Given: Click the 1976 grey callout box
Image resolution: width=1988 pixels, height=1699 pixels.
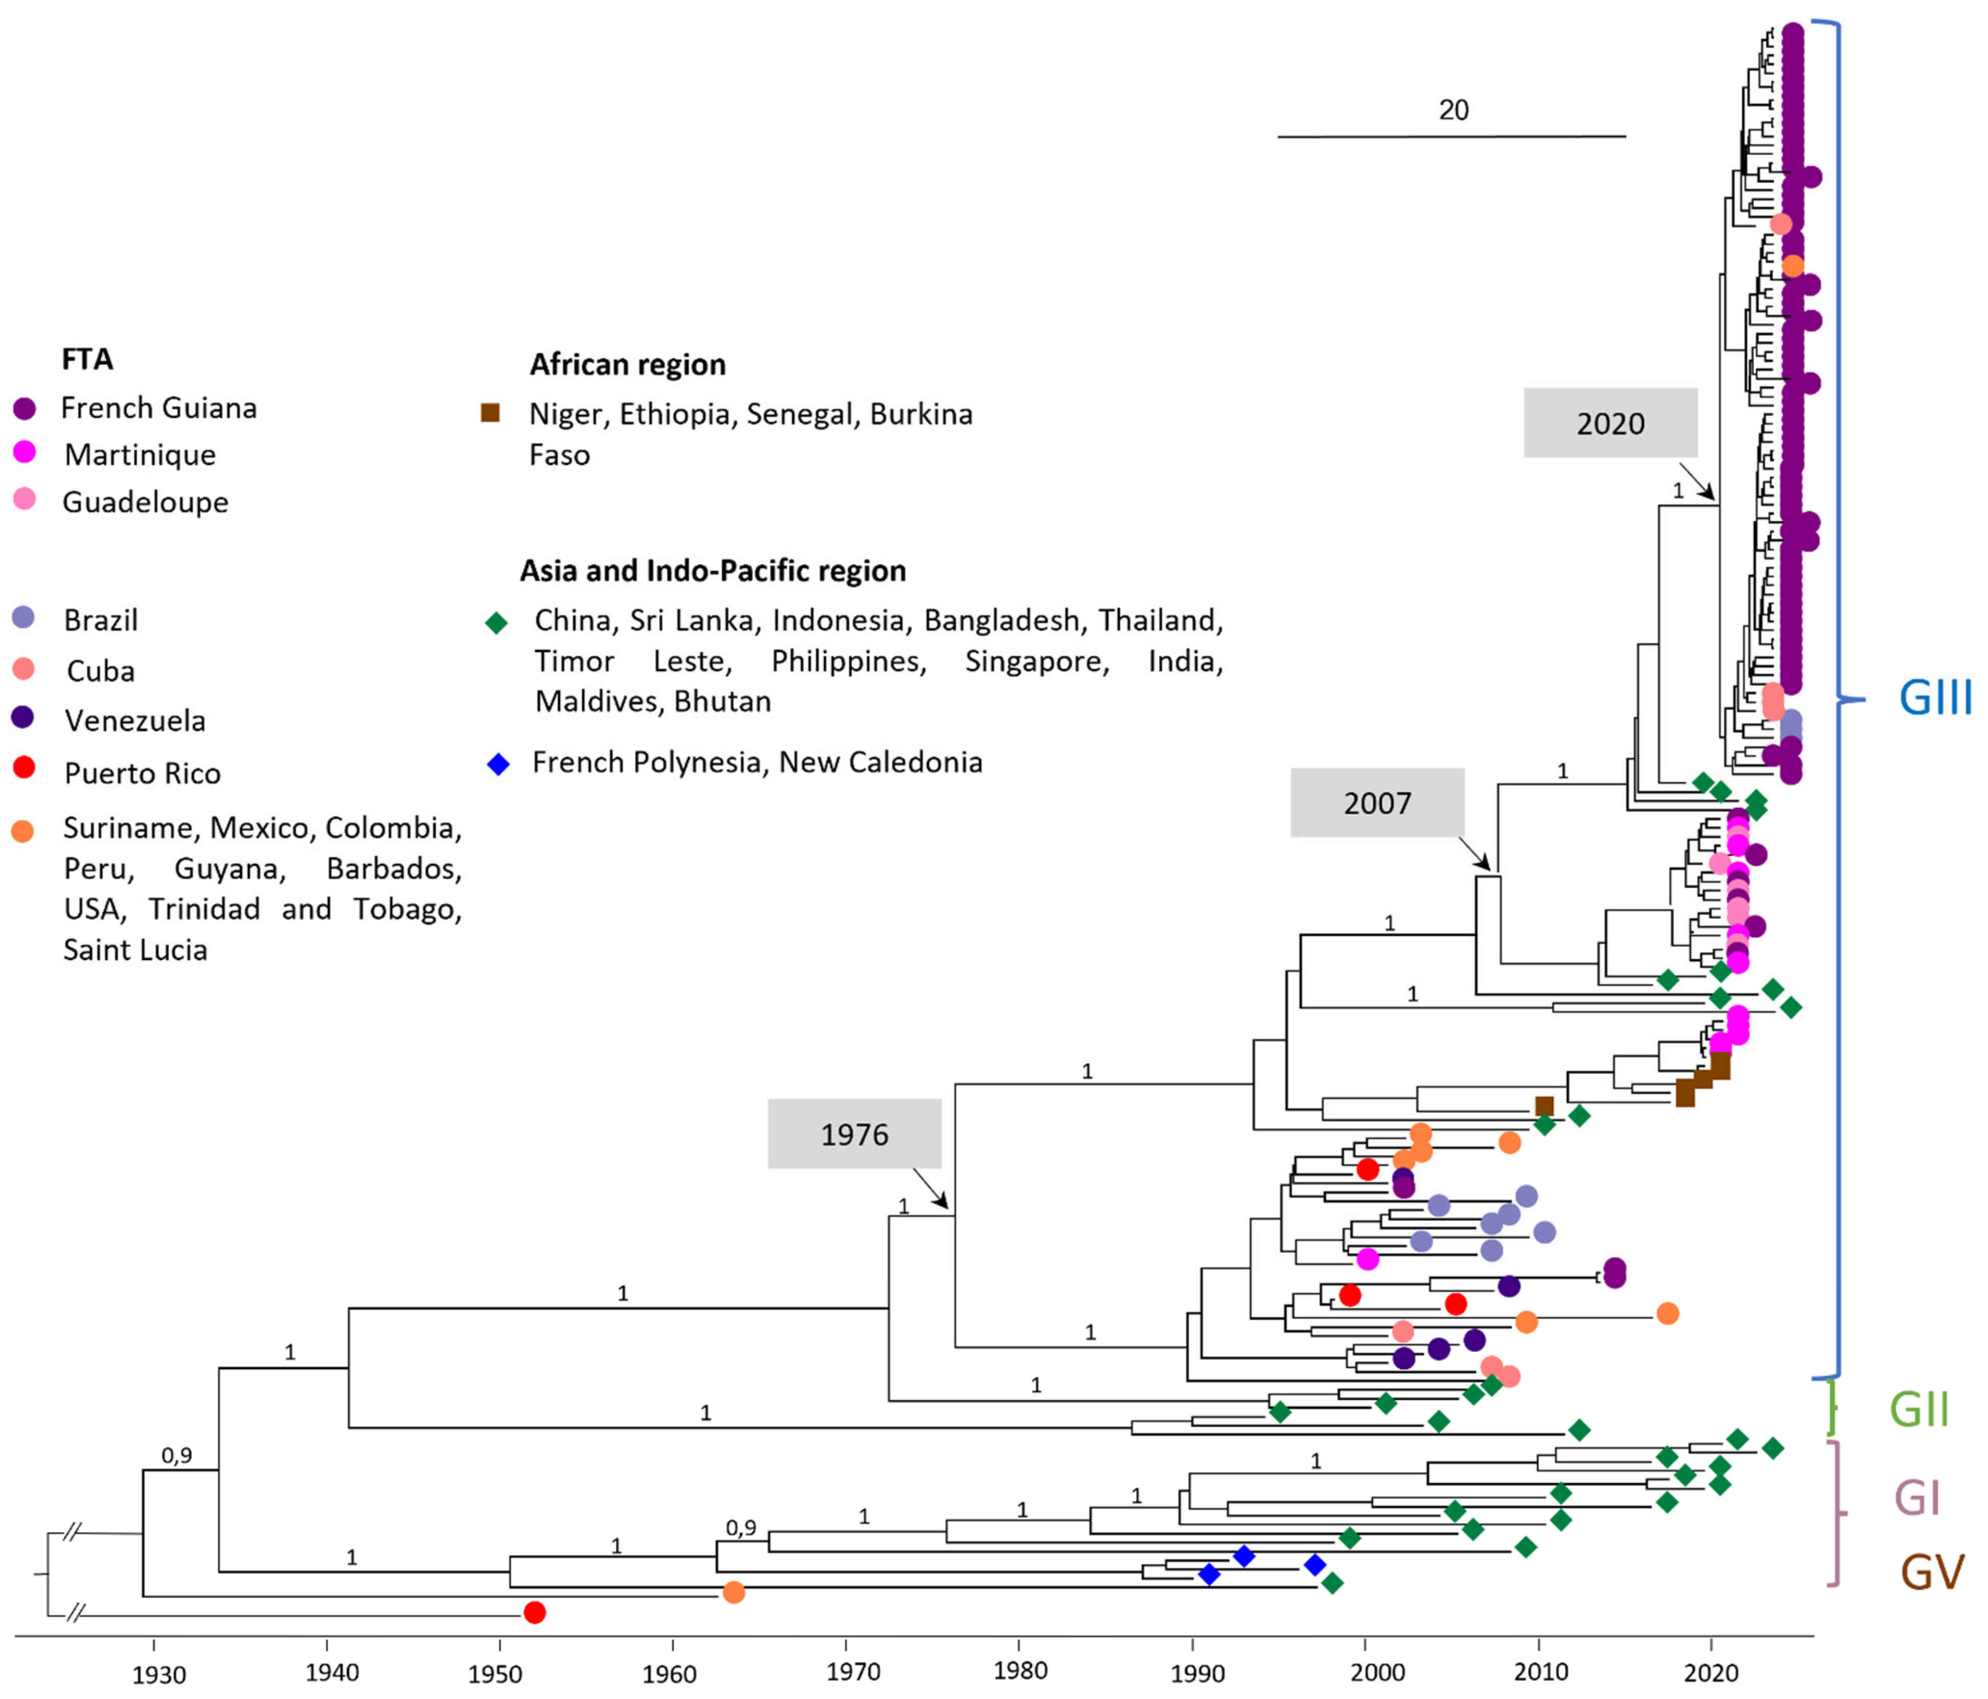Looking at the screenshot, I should click(x=854, y=1133).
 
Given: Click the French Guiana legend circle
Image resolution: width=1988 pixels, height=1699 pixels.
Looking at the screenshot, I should click(x=24, y=409).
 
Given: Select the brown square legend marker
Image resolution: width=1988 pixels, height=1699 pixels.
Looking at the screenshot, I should click(x=490, y=413).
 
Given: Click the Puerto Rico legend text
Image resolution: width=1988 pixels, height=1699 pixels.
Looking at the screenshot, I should click(x=142, y=772).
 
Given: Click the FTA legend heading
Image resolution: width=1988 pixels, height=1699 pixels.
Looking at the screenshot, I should click(x=88, y=359).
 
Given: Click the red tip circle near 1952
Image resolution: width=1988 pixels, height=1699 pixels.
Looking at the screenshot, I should click(x=535, y=1612).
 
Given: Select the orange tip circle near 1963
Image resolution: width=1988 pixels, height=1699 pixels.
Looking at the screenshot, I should click(x=733, y=1592).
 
